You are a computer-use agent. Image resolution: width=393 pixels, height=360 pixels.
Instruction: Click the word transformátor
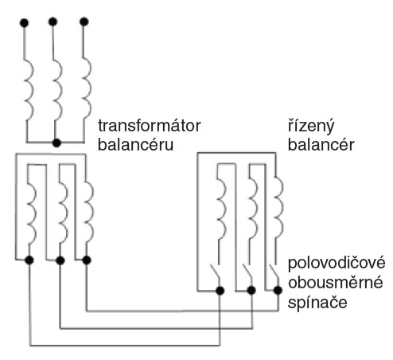pyautogui.click(x=150, y=126)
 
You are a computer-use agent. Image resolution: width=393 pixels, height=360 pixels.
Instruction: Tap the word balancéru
pyautogui.click(x=135, y=145)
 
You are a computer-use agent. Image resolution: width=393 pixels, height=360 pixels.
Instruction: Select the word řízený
pyautogui.click(x=311, y=127)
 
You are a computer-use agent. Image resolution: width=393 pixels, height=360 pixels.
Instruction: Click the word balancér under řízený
pyautogui.click(x=321, y=145)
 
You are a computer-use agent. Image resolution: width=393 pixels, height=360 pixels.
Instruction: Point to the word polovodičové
pyautogui.click(x=337, y=263)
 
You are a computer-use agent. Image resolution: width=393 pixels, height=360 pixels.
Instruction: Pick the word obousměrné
pyautogui.click(x=336, y=283)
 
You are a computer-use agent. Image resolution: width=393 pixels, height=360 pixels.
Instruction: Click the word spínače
pyautogui.click(x=317, y=303)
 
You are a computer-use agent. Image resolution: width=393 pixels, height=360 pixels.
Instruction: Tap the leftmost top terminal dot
pyautogui.click(x=24, y=23)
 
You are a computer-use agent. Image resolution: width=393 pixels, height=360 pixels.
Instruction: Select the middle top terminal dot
pyautogui.click(x=53, y=22)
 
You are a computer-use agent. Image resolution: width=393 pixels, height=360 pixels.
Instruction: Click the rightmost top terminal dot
pyautogui.click(x=84, y=22)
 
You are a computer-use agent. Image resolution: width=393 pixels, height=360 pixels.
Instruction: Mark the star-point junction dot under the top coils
pyautogui.click(x=56, y=143)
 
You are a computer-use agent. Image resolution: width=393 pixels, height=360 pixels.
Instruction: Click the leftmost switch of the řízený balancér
pyautogui.click(x=216, y=272)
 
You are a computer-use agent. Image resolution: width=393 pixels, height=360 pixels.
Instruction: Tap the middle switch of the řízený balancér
pyautogui.click(x=247, y=272)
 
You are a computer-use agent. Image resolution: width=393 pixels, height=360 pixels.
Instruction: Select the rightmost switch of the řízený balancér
pyautogui.click(x=274, y=272)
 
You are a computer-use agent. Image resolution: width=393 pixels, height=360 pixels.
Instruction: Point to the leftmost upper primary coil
pyautogui.click(x=29, y=90)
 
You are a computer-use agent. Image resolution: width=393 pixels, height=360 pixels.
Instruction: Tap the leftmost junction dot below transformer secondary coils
pyautogui.click(x=29, y=260)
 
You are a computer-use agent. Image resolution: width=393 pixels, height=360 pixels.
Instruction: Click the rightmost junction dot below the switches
pyautogui.click(x=278, y=290)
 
